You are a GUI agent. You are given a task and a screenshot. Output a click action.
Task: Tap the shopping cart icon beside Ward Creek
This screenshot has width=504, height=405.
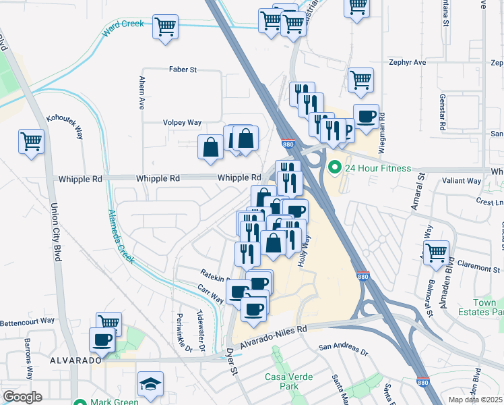165,28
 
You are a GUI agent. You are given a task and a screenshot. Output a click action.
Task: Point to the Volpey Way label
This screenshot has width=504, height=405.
182,123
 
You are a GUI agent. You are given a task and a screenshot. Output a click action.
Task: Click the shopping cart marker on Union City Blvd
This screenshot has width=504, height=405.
32,142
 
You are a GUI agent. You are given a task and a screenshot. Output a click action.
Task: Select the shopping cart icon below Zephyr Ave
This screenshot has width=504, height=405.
360,79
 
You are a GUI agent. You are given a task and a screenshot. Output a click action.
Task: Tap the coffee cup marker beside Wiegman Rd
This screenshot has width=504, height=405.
366,116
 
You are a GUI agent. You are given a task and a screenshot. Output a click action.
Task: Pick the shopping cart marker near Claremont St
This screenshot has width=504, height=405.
436,252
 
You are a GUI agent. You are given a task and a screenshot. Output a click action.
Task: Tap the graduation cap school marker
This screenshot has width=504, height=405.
150,384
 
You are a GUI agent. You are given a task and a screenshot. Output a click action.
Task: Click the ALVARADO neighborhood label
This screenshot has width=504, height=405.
75,361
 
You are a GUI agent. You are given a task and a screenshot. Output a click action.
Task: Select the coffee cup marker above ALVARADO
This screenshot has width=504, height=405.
102,340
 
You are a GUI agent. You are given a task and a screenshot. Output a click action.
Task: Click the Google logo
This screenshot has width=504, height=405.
23,396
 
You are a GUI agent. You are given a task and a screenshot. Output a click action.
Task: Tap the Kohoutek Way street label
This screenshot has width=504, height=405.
64,126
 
